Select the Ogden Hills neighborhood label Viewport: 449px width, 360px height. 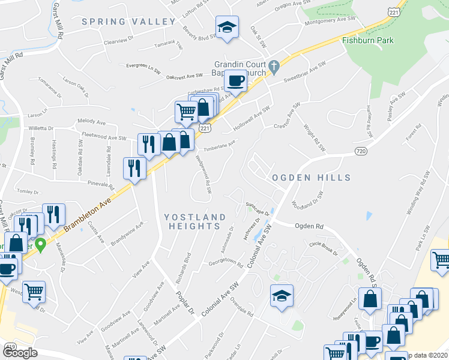(x=310, y=178)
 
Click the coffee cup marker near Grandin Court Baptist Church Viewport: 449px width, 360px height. (x=235, y=80)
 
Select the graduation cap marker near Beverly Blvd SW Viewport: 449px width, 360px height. (x=227, y=27)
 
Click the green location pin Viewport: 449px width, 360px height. (x=40, y=244)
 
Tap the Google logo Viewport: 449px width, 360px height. (x=20, y=353)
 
